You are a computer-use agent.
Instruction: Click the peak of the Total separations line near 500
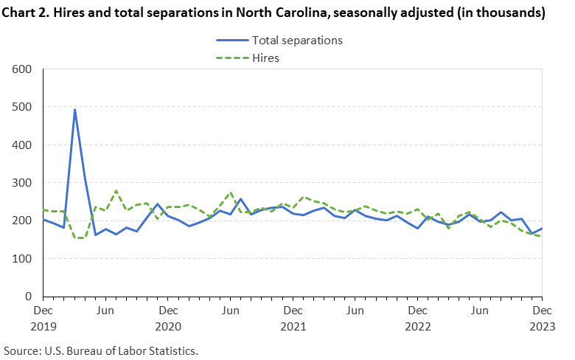[x=74, y=109]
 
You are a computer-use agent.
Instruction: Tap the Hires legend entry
[x=265, y=58]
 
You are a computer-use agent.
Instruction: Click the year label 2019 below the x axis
[x=43, y=326]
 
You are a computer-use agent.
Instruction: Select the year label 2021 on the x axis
[x=293, y=326]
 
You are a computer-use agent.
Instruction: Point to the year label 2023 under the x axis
[x=542, y=326]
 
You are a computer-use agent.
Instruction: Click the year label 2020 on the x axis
[x=168, y=326]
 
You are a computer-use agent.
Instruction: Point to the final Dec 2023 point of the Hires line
[x=542, y=237]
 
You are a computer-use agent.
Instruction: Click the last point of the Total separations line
[x=542, y=229]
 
